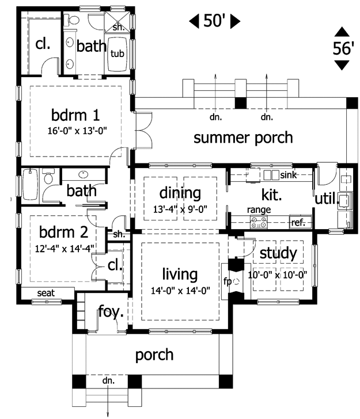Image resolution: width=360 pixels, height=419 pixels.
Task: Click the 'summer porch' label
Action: coord(243,138)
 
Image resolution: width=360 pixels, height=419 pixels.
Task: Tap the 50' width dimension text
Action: coord(214,21)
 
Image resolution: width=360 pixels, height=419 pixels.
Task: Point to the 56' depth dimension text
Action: coord(343,48)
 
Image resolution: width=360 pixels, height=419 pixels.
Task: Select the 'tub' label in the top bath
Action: coord(118,54)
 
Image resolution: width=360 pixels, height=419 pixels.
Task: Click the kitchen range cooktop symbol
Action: coord(259,222)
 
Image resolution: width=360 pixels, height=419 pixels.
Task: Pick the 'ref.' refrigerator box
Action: coord(301,222)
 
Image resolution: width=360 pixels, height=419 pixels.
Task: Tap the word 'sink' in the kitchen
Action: coord(289,175)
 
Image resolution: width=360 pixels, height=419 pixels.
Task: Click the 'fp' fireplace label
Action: coord(227,281)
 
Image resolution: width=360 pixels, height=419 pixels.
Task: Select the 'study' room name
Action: coord(278,253)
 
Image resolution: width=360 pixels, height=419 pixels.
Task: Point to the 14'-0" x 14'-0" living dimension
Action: coord(180,291)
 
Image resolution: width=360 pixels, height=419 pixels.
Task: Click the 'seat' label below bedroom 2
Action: coord(46,293)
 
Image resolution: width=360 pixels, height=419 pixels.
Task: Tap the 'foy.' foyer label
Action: coord(111,311)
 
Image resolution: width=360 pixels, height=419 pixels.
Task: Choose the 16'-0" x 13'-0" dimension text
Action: coord(77,131)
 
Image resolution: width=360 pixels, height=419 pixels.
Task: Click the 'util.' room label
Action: coord(327,199)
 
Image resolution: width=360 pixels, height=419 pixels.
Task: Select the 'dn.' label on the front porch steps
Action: coord(108,380)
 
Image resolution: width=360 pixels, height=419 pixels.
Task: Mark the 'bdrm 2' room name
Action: coord(64,232)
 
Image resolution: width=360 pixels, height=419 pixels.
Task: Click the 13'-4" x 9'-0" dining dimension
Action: coord(180,209)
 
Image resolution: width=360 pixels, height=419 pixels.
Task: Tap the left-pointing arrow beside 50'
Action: coord(194,21)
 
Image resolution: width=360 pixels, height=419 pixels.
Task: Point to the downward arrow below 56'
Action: coord(342,65)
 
